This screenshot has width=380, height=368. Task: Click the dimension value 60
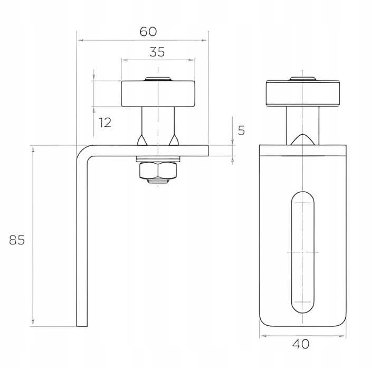[148, 32]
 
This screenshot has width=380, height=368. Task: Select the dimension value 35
[157, 52]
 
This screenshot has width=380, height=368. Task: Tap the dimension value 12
[105, 122]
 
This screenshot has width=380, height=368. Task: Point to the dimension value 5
[241, 130]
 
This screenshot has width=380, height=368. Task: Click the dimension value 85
[17, 240]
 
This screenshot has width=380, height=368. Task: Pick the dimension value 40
[301, 344]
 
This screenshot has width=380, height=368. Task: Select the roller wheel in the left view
[158, 93]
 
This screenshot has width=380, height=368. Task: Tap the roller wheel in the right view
[303, 93]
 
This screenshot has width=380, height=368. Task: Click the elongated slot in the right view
[303, 252]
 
